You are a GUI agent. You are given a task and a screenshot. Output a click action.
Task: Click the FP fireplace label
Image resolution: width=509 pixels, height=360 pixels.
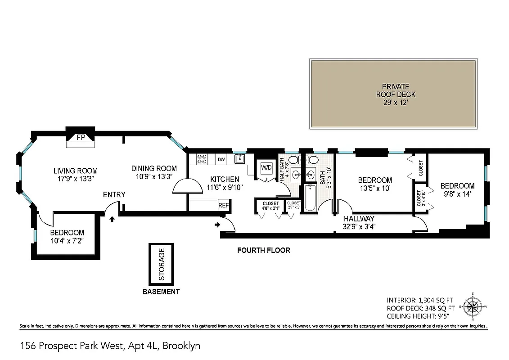coord(81,137)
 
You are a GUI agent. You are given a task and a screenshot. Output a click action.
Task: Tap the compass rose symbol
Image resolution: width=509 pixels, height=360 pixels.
coord(473,308)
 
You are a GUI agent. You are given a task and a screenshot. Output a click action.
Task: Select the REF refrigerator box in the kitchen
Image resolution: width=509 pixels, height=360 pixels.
coord(224,205)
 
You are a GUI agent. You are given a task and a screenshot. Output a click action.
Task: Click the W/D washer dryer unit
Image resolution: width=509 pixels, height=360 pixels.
coord(266,168)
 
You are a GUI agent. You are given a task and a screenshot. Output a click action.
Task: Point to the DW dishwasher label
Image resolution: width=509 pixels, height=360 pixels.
coord(221,159)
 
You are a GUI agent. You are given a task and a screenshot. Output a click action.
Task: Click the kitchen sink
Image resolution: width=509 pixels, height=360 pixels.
coord(239,158)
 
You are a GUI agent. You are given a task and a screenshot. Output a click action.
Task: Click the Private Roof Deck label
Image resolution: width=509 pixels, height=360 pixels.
coord(396,94)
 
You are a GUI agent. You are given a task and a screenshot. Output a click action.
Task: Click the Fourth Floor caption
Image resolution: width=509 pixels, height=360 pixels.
coord(264,250)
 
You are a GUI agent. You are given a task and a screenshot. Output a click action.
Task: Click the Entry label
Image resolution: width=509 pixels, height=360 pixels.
coord(114,194)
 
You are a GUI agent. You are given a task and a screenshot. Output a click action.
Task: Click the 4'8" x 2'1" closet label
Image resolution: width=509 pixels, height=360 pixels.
coord(270,206)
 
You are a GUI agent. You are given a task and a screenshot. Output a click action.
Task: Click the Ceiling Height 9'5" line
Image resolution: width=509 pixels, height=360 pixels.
coord(420,316)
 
